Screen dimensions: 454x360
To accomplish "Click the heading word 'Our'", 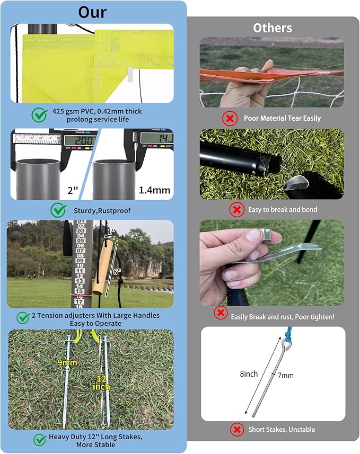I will click(x=93, y=12).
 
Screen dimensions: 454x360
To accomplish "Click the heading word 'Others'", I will click(x=271, y=28).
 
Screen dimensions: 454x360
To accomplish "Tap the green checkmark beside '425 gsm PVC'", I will click(x=39, y=114).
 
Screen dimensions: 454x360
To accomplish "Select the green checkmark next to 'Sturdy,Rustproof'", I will click(x=58, y=210).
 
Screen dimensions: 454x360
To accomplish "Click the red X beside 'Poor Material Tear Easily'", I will click(x=230, y=118).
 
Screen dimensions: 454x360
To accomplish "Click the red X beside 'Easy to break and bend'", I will click(x=236, y=210).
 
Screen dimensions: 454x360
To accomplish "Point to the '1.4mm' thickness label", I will click(x=153, y=189).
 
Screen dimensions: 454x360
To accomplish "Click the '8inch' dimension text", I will click(x=249, y=373).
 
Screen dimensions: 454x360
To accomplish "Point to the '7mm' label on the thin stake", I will click(x=285, y=375).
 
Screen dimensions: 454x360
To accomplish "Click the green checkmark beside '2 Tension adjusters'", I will click(x=23, y=317).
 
